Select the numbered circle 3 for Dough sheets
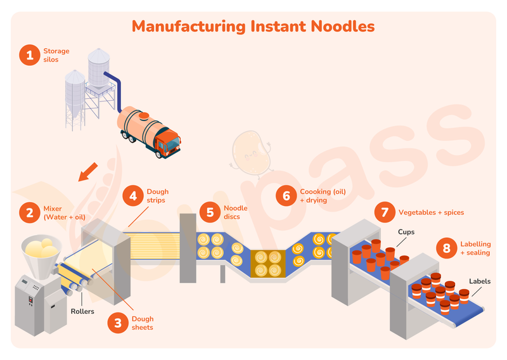pyautogui.click(x=118, y=323)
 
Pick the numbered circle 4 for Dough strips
pyautogui.click(x=133, y=195)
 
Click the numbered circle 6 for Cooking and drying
pyautogui.click(x=286, y=196)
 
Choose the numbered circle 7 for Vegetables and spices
pyautogui.click(x=384, y=212)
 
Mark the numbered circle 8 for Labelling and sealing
pyautogui.click(x=446, y=248)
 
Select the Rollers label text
pyautogui.click(x=82, y=311)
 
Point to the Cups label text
pyautogui.click(x=406, y=232)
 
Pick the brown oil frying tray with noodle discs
pyautogui.click(x=268, y=264)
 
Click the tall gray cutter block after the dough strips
pyautogui.click(x=188, y=247)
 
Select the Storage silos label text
pyautogui.click(x=56, y=55)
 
